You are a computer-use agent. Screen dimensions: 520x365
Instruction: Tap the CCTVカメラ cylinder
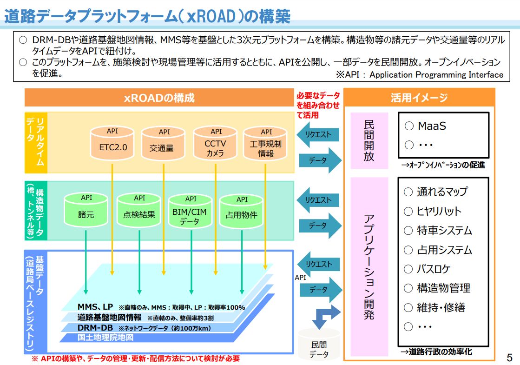(x=215, y=143)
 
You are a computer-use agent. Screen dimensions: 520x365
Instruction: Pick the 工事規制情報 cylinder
(x=265, y=143)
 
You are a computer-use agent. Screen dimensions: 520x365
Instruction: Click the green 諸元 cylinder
(x=86, y=210)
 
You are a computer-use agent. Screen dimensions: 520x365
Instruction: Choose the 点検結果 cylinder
(x=139, y=210)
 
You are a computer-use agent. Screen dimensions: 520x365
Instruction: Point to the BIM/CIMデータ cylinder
(x=190, y=211)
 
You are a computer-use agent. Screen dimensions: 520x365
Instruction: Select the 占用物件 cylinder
(x=242, y=212)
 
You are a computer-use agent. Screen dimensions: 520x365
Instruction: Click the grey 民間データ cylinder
(x=319, y=345)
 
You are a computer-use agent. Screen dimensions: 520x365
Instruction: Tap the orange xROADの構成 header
(x=159, y=98)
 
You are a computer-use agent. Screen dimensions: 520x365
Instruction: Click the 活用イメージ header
(x=419, y=98)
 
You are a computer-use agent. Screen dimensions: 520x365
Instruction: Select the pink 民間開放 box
(x=369, y=141)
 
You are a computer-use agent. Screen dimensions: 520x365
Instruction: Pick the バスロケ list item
(x=427, y=269)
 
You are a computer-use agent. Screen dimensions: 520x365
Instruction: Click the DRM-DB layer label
(x=95, y=328)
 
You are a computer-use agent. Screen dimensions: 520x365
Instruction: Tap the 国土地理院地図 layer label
(x=105, y=338)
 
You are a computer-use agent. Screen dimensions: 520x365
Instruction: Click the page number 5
(x=509, y=357)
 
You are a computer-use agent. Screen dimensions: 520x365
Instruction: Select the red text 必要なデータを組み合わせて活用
(x=318, y=105)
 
